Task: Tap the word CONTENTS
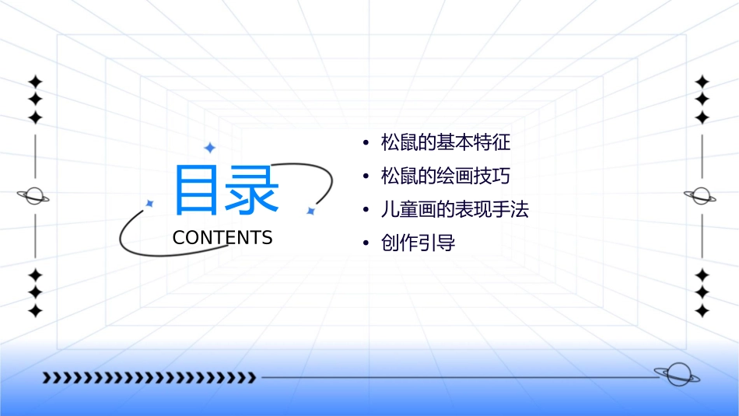222,238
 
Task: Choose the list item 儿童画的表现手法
454,210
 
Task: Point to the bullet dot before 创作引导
365,244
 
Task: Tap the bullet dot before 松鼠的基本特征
365,144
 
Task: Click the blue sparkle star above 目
209,147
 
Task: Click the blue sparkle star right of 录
310,211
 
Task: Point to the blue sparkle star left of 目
149,203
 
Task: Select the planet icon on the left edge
34,196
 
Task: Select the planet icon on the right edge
701,196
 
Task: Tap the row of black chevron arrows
149,378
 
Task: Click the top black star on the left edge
34,82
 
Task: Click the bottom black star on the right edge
702,311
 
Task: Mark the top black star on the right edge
702,82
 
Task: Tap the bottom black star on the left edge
34,311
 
